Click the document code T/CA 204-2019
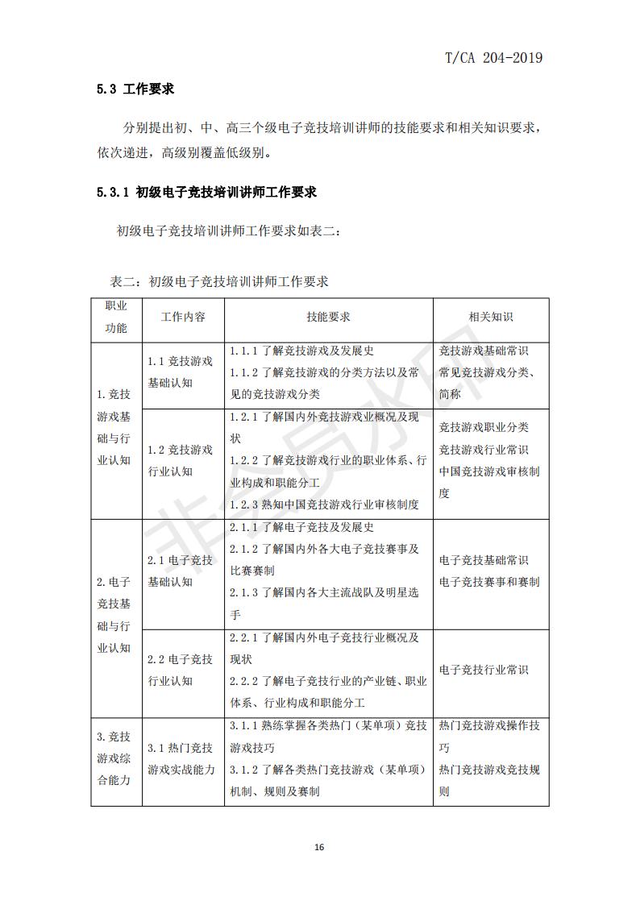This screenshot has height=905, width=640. point(493,57)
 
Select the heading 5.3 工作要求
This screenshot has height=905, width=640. point(135,89)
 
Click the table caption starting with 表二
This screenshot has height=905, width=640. point(219,281)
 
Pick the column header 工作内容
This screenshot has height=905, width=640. point(183,317)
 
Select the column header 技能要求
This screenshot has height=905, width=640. point(328,317)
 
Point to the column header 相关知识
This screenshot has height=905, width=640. point(491,317)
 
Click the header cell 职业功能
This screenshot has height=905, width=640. point(116,317)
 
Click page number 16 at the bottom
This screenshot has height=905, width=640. point(319,847)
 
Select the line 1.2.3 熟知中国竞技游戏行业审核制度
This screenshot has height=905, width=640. point(324,504)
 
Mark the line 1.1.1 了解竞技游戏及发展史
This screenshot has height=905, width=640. point(301,351)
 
